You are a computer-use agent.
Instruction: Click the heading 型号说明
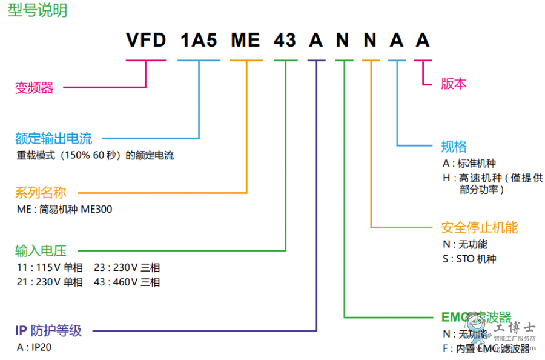click(x=38, y=11)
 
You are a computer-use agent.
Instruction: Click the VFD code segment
click(x=146, y=41)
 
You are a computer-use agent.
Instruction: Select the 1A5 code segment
click(x=198, y=41)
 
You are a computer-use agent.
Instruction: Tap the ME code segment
click(x=246, y=41)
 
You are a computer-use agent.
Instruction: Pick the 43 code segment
click(x=285, y=41)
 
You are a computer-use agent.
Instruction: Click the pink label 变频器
click(x=35, y=88)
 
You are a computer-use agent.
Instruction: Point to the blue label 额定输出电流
click(x=53, y=139)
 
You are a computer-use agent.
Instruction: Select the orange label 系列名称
click(x=41, y=193)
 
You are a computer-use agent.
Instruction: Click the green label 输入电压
click(x=41, y=250)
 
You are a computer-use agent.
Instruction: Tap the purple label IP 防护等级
click(x=48, y=331)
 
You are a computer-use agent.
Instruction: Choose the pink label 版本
click(x=454, y=84)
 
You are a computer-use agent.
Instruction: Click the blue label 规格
click(x=454, y=146)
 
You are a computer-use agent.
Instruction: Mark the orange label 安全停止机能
click(x=480, y=228)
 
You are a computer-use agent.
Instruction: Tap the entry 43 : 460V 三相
click(x=127, y=282)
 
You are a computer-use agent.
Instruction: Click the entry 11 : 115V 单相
click(x=50, y=267)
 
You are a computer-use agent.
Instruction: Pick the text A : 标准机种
click(x=469, y=163)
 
